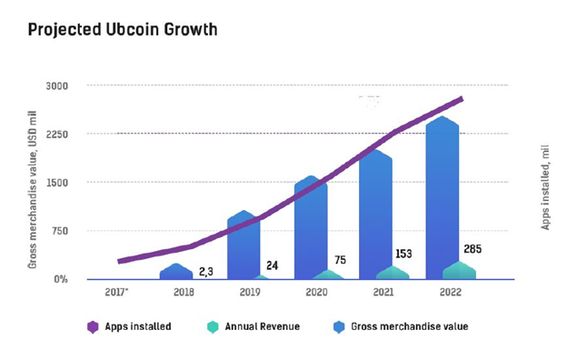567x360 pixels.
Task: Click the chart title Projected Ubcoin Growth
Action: point(123,30)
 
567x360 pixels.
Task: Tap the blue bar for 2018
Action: point(176,271)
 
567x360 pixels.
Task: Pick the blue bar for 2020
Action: point(311,227)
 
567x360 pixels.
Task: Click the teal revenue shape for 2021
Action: point(393,273)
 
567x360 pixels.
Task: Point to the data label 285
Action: point(472,249)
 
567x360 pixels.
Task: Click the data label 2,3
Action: point(206,272)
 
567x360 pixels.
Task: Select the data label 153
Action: point(403,254)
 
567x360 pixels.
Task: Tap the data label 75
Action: point(340,260)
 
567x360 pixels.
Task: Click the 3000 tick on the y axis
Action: point(57,86)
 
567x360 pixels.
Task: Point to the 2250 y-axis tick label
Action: point(57,135)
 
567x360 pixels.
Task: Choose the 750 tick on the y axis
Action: point(60,231)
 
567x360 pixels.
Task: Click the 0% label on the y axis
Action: point(61,279)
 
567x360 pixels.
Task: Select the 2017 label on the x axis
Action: point(116,292)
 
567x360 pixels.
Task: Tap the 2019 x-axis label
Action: point(250,292)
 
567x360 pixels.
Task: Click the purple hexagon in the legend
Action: point(93,327)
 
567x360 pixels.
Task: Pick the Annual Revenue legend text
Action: point(263,326)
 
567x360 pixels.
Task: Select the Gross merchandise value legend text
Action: point(409,326)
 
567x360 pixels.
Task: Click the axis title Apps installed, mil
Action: point(545,187)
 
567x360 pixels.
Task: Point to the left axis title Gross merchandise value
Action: point(32,190)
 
